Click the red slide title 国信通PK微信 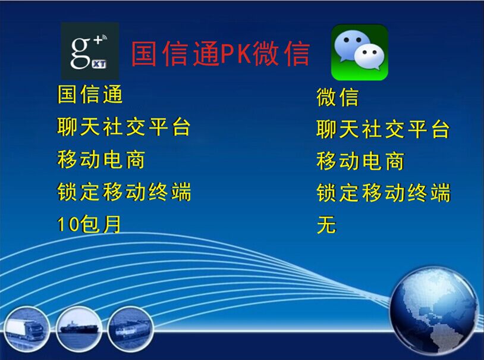tap(221, 54)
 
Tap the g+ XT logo tap(90, 51)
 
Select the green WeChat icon tap(360, 52)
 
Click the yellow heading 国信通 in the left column tap(90, 94)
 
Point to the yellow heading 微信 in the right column tap(337, 98)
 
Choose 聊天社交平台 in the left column tap(124, 127)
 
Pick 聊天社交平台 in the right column tap(383, 129)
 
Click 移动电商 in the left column tap(101, 159)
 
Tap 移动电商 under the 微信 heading tap(360, 161)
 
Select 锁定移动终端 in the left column tap(124, 192)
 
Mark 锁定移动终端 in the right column tap(384, 193)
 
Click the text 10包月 tap(89, 224)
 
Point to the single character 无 tap(326, 224)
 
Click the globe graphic tap(433, 311)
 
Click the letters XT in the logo tap(99, 64)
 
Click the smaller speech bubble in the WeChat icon tap(369, 58)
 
